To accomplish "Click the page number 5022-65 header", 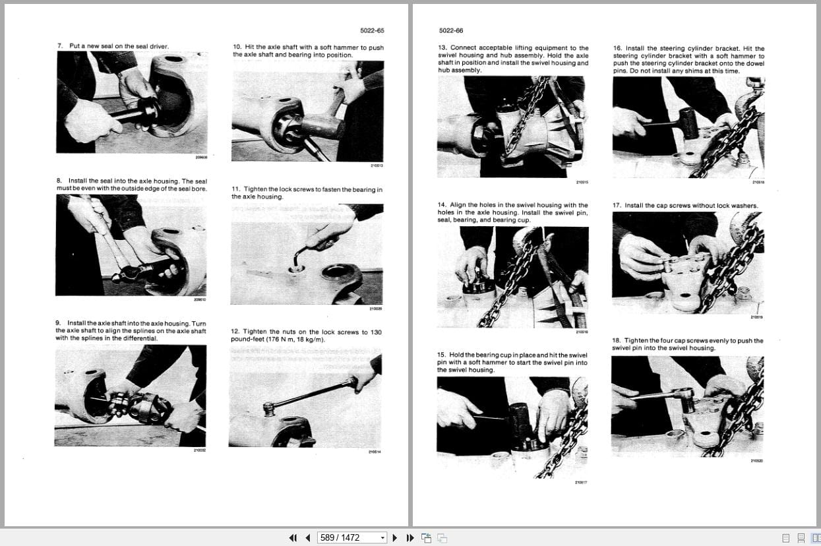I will point(372,30).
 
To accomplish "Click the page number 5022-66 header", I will point(451,30).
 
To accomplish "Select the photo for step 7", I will point(132,102).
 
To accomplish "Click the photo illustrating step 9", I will point(130,395).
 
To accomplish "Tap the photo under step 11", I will point(307,254).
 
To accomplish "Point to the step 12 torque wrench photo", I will point(305,396).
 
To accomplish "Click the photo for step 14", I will point(512,277).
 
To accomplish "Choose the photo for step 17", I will point(688,262).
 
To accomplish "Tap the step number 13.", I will point(442,48).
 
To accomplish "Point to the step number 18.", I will point(617,341).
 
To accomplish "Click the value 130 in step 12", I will point(376,332).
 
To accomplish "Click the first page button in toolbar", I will point(293,537).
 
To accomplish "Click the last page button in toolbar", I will point(410,537).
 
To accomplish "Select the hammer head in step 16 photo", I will point(687,123).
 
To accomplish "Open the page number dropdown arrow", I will point(382,537).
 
